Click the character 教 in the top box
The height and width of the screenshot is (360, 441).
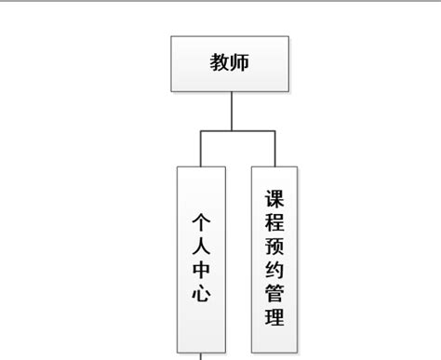pos(220,64)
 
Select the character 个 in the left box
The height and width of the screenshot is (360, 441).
pos(201,223)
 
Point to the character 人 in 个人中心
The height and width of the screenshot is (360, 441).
pos(201,247)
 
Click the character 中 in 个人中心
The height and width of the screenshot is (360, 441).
pos(201,272)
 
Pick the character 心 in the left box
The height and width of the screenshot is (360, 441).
pos(201,295)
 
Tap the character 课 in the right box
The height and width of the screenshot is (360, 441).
pos(274,199)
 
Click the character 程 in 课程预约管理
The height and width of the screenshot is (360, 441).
pos(274,223)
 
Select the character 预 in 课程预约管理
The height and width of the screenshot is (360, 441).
pos(274,247)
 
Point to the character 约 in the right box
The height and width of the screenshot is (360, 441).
pos(274,271)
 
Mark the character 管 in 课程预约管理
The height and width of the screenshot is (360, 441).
pos(274,295)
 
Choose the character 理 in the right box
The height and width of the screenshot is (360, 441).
pos(274,318)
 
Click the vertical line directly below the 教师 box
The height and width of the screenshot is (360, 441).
pos(231,112)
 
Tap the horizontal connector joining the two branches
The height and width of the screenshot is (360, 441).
pos(237,131)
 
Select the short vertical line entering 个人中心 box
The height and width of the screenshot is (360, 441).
pos(201,149)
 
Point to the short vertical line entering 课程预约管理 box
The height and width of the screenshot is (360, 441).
pos(274,149)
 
